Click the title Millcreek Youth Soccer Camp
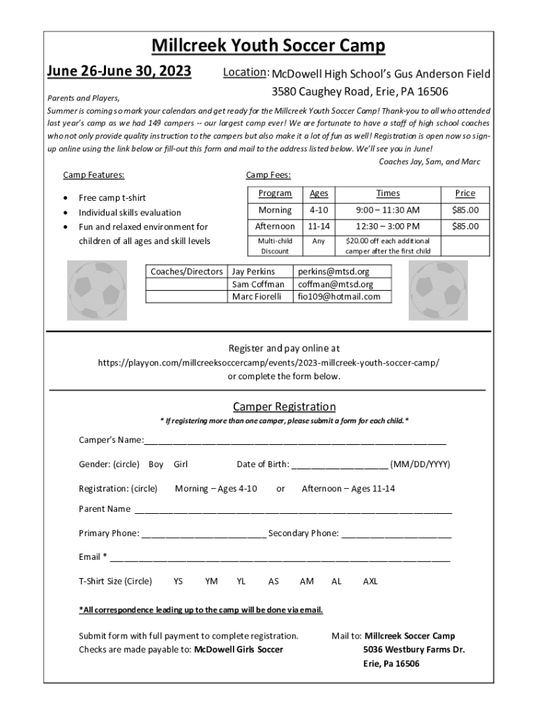(268, 46)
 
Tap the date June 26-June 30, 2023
(119, 71)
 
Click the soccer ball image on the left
(98, 290)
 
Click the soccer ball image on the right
(438, 290)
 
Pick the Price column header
(465, 193)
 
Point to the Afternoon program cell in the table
(275, 226)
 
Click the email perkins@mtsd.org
(333, 271)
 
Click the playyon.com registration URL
(268, 363)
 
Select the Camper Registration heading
(284, 407)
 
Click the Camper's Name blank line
(295, 441)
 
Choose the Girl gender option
(181, 464)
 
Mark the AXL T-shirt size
(370, 581)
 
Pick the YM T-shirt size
(211, 581)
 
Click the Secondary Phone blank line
(396, 535)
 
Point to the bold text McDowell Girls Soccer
(239, 649)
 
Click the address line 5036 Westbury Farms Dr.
(414, 649)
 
